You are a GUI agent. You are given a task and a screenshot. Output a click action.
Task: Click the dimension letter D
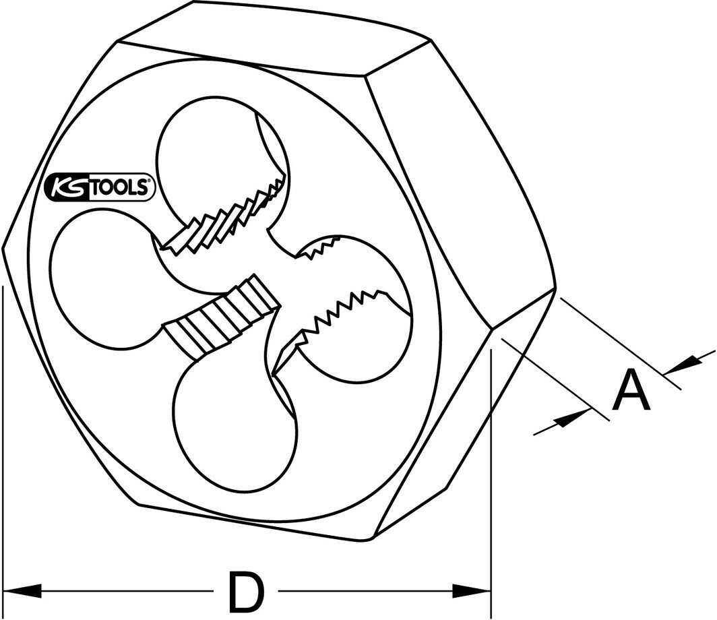click(246, 591)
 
